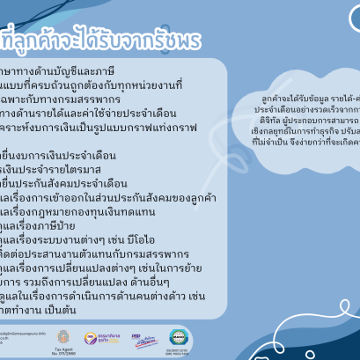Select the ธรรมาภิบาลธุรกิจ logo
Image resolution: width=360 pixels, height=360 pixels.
[97, 337]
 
